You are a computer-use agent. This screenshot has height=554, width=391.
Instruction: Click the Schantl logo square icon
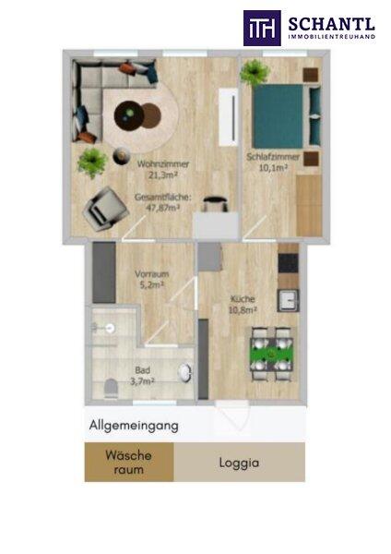[262, 28]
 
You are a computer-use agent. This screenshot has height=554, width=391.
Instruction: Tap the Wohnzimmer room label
[163, 164]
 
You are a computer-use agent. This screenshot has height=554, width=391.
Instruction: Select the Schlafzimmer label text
[273, 157]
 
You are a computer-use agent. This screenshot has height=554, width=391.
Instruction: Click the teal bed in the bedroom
[278, 116]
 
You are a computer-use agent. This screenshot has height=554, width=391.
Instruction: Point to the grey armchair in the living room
[105, 209]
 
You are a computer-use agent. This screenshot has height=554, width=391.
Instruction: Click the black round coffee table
[129, 114]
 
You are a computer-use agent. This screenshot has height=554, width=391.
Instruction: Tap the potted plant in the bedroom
[255, 72]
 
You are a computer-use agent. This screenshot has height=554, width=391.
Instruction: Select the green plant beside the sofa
[92, 163]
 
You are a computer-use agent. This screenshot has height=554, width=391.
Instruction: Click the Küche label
[243, 299]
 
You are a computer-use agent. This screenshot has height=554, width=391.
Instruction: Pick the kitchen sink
[288, 300]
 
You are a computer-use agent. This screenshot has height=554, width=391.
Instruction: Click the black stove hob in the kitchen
[289, 263]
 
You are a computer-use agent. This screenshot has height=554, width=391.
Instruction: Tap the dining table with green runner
[271, 355]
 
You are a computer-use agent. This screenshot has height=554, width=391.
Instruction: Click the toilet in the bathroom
[112, 389]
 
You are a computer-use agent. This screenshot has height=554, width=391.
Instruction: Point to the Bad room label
[143, 370]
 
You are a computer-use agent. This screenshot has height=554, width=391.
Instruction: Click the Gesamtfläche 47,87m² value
[162, 208]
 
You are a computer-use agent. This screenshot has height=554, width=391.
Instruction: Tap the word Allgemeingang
[134, 426]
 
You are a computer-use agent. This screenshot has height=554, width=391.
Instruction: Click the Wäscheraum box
[129, 462]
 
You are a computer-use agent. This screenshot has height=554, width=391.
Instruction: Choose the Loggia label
[239, 464]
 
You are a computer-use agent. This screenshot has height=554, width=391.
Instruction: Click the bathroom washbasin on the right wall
[185, 373]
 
